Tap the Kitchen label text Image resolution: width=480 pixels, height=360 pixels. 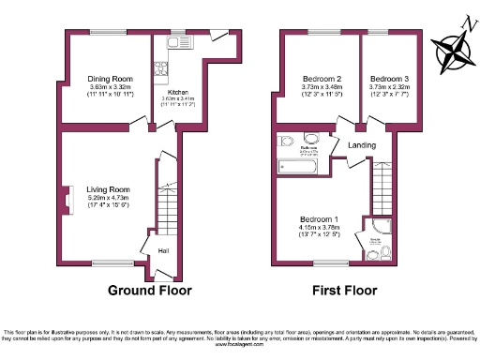(178, 91)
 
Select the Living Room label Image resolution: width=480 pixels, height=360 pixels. (108, 188)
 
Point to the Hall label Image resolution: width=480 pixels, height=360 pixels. (163, 250)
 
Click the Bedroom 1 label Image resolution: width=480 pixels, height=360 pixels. (321, 219)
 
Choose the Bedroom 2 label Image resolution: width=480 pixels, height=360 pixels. (321, 78)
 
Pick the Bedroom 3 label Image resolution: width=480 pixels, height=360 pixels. (388, 78)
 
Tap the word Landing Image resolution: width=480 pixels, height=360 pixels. (361, 144)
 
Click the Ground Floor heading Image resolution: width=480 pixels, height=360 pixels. (150, 291)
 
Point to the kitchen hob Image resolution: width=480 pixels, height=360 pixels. (159, 69)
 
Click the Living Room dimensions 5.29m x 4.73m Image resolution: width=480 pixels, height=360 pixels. (108, 198)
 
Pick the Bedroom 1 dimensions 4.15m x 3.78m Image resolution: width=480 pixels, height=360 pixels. (321, 228)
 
